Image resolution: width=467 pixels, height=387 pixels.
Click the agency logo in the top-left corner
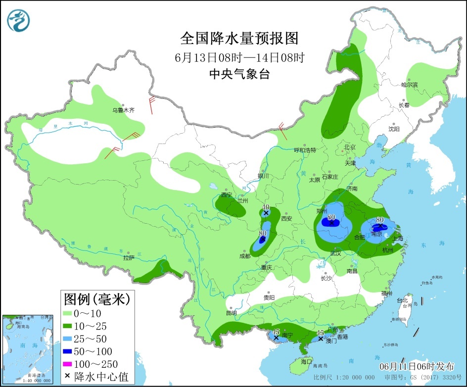[x=19, y=20]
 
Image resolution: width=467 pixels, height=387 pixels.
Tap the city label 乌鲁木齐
[x=123, y=110]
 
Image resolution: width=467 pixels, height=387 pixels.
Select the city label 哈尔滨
[x=409, y=85]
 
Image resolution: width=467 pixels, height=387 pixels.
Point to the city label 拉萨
[x=129, y=258]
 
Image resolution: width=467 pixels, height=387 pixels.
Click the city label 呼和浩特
[x=305, y=150]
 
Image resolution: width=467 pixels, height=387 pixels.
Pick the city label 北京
[x=350, y=147]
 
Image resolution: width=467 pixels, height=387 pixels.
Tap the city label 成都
[x=244, y=256]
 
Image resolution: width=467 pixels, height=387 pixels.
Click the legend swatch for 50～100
[x=68, y=351]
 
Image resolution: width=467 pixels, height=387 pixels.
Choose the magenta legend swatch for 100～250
[x=68, y=364]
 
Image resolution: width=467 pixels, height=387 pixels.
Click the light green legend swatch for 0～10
[x=68, y=313]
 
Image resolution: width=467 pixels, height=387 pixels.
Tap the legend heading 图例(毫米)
[x=96, y=298]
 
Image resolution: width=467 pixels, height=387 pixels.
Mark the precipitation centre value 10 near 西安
[x=266, y=207]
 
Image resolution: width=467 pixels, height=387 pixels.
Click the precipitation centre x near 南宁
[x=276, y=338]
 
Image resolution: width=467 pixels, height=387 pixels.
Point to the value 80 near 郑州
[x=331, y=217]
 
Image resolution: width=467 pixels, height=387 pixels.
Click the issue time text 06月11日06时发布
[x=417, y=367]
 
